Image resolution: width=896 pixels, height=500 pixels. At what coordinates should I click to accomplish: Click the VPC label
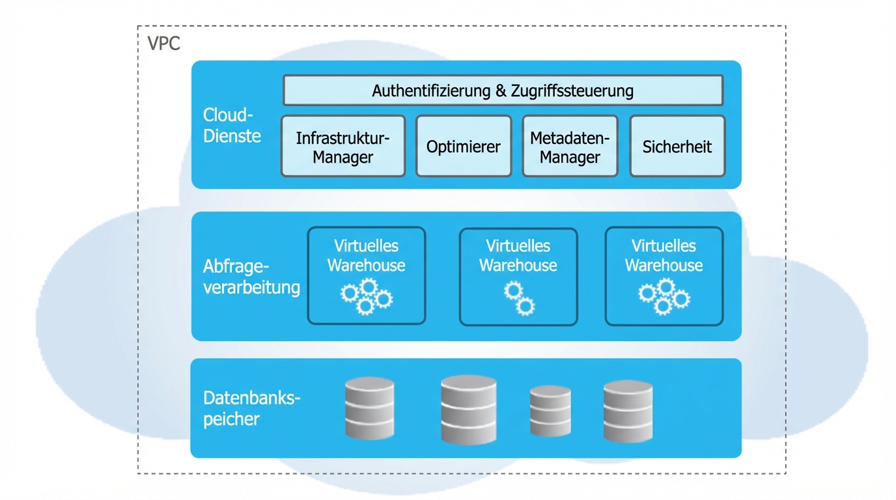[x=163, y=44]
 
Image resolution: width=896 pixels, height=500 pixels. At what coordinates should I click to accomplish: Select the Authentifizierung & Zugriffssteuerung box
[x=503, y=90]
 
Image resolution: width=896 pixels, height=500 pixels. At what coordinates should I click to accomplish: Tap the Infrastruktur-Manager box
[x=343, y=146]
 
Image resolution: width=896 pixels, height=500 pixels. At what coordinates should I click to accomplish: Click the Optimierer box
[x=463, y=146]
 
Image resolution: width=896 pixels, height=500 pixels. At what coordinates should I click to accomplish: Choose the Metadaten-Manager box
[x=570, y=146]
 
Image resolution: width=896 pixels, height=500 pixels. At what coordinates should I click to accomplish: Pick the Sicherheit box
[x=677, y=146]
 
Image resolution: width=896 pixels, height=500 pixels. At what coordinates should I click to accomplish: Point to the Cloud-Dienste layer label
[x=232, y=126]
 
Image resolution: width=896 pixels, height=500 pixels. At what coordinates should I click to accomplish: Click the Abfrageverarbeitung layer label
[x=251, y=277]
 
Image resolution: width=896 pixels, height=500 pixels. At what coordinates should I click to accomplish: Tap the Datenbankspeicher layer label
[x=251, y=408]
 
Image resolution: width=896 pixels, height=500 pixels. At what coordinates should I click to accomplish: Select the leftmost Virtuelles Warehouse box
[x=366, y=275]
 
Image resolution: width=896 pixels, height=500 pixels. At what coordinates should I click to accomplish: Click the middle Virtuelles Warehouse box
[x=518, y=276]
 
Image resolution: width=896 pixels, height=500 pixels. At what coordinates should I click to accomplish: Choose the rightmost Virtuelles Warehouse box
[x=664, y=276]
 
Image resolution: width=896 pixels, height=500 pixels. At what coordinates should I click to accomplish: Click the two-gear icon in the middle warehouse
[x=519, y=298]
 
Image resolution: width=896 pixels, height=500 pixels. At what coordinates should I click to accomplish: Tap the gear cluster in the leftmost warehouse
[x=366, y=296]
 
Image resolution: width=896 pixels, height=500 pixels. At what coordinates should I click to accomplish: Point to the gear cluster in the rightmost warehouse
[x=664, y=296]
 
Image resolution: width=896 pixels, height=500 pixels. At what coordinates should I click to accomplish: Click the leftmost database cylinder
[x=369, y=408]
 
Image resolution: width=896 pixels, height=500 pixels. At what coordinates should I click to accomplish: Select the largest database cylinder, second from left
[x=468, y=410]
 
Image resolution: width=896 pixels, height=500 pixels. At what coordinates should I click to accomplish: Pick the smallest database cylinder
[x=550, y=411]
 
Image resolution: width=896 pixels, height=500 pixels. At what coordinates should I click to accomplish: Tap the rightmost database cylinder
[x=628, y=411]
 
